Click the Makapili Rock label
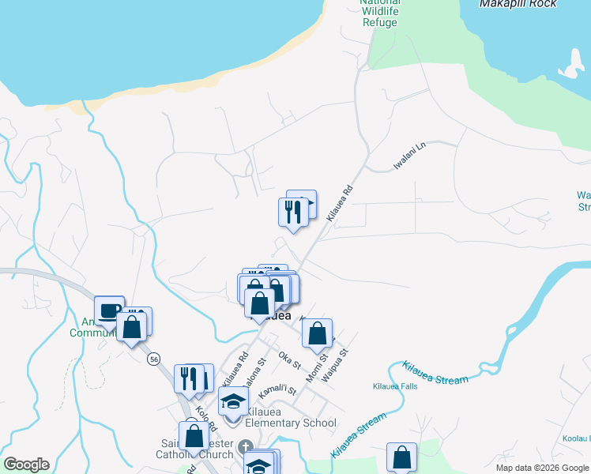point(518,4)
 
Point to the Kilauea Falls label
point(394,387)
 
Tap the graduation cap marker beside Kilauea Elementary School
point(233,404)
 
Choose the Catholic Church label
point(204,454)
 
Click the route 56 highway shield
point(153,359)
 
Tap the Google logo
point(26,465)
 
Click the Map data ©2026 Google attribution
point(542,468)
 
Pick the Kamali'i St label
point(280,388)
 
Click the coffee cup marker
point(109,310)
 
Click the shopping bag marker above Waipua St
point(317,333)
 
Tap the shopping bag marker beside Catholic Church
point(194,435)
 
